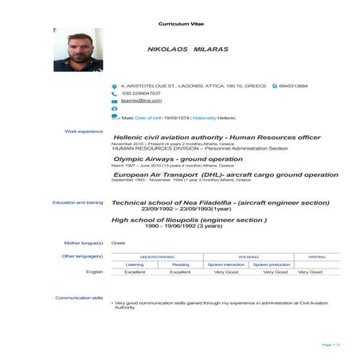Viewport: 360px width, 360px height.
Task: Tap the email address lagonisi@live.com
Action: click(x=141, y=101)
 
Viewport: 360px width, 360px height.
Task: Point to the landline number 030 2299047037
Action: click(x=141, y=93)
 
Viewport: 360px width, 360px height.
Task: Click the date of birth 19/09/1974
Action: click(x=175, y=117)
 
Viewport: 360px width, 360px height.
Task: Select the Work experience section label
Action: click(x=84, y=131)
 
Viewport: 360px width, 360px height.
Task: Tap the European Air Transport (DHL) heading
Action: click(x=225, y=174)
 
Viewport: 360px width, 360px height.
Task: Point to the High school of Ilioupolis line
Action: click(x=189, y=219)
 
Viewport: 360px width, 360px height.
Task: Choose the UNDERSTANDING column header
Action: click(x=157, y=256)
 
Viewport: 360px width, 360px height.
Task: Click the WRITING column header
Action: click(x=316, y=256)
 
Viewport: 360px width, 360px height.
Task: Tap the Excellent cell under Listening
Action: click(x=135, y=272)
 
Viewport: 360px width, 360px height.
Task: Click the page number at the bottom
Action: click(x=331, y=345)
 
